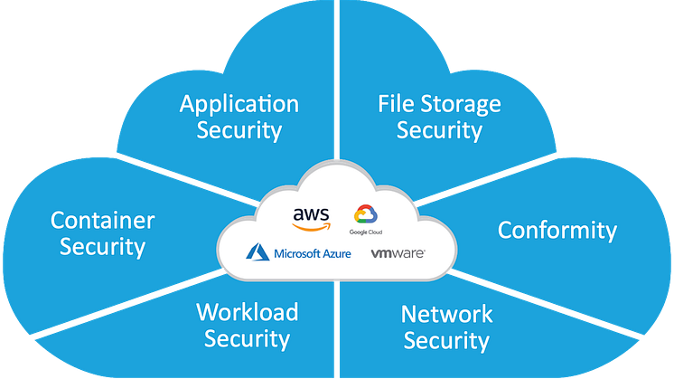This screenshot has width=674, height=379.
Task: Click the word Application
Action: coord(239,104)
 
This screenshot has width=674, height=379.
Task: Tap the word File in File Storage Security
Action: coord(395,103)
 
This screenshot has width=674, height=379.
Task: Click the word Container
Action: coord(102,220)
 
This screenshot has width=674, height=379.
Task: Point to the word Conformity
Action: coord(557,230)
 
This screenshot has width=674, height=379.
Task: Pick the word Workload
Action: coord(247,312)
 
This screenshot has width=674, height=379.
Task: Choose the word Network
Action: coord(446,314)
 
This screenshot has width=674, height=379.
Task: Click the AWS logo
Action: coord(311,217)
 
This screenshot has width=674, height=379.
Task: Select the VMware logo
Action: coord(398,254)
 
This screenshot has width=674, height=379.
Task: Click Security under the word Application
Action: coord(239,129)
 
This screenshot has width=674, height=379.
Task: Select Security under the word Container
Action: coord(102,245)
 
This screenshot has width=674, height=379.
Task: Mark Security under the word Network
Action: coord(446,340)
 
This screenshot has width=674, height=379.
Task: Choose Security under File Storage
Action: coord(439,129)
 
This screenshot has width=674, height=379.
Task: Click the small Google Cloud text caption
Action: coord(367,232)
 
